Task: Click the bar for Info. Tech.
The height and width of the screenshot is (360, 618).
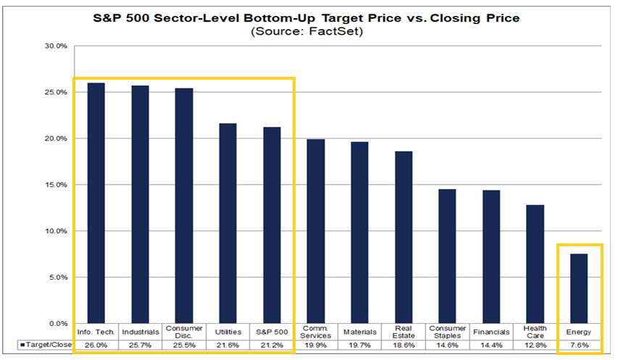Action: (x=96, y=204)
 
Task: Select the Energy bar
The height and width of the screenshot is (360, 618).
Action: (x=579, y=289)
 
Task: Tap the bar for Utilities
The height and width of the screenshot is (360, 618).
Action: (x=227, y=223)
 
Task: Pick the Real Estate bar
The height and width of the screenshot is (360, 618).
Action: (x=404, y=238)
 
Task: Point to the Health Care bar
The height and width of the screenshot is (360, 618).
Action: (x=535, y=264)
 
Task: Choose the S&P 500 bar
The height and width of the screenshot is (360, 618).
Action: (x=272, y=225)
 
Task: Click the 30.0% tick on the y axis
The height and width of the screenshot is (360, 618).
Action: (x=56, y=46)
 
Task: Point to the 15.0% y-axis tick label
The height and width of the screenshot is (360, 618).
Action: (x=56, y=185)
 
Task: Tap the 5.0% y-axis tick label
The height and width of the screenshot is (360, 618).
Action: (x=57, y=277)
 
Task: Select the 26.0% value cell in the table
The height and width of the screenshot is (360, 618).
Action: (x=96, y=345)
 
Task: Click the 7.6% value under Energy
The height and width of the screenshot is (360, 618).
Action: (x=579, y=345)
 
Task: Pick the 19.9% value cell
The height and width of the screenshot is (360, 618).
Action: (x=316, y=345)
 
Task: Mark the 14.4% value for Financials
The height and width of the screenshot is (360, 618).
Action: (x=491, y=345)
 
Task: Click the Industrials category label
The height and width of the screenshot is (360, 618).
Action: (x=141, y=332)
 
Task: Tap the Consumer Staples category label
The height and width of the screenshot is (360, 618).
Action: (x=447, y=332)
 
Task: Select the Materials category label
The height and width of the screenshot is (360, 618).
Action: (x=360, y=332)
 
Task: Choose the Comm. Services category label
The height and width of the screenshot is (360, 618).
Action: (x=316, y=332)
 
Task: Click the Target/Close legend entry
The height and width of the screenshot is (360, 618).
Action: (x=46, y=345)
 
